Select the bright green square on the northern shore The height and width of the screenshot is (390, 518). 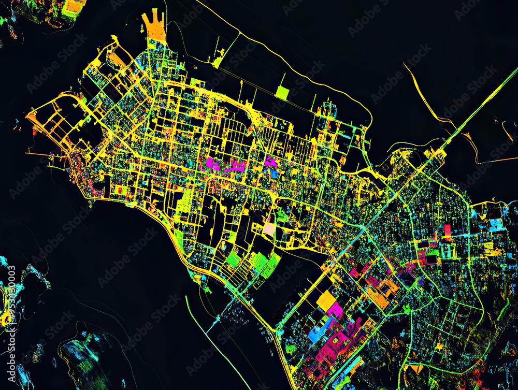click(282, 93)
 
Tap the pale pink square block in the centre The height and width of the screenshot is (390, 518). click(269, 228)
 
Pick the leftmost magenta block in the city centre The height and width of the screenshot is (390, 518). click(212, 164)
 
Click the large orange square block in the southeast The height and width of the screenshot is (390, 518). click(326, 300)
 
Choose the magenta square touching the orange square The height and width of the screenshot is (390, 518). click(336, 310)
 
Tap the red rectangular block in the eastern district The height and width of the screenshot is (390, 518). click(447, 230)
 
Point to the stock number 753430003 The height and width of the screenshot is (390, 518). click(11, 296)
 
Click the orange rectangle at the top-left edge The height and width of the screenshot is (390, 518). click(75, 6)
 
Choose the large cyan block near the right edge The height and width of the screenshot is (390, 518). click(496, 224)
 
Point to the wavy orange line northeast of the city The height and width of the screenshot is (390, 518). click(430, 104)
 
